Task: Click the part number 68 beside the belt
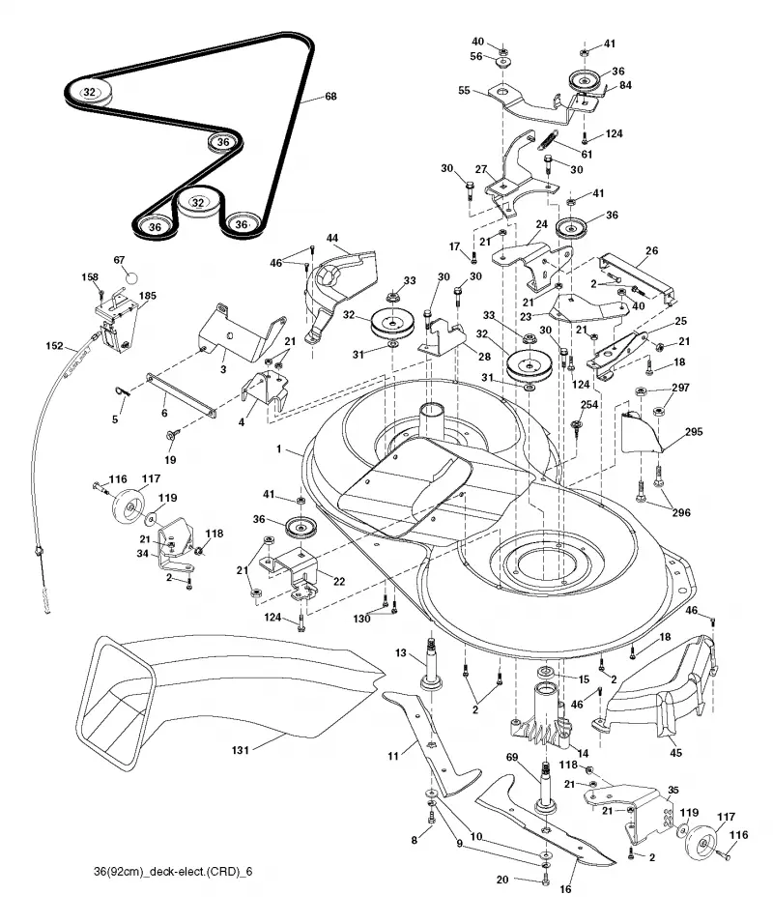coord(331,96)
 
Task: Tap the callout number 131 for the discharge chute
coord(240,750)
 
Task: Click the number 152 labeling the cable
coord(54,346)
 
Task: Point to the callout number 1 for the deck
coord(279,449)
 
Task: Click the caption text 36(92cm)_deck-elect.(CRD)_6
coord(173,872)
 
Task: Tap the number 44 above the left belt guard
coord(332,238)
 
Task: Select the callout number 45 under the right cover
coord(675,753)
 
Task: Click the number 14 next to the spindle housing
coord(584,753)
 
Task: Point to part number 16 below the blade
coord(565,888)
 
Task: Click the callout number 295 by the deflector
coord(694,431)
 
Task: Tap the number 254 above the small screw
coord(589,404)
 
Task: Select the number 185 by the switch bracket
coord(147,295)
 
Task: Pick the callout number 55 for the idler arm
coord(464,91)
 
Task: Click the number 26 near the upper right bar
coord(651,250)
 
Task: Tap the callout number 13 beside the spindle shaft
coord(401,653)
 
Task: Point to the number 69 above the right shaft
coord(512,756)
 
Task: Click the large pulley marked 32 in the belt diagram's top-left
coord(88,93)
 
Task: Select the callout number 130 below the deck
coord(361,619)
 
